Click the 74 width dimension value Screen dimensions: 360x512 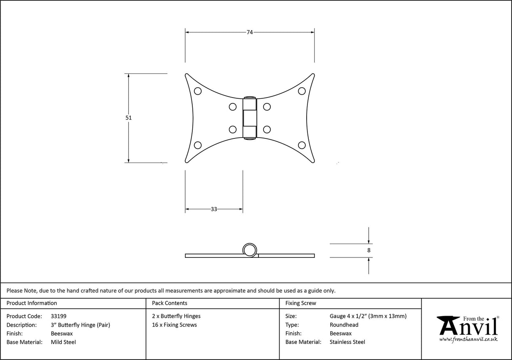(250, 32)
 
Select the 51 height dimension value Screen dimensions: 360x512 (129, 118)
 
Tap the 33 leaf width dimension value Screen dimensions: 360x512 (214, 209)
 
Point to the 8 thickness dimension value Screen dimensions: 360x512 (369, 250)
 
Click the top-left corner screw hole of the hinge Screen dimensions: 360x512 (197, 91)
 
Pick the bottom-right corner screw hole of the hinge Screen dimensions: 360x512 (302, 145)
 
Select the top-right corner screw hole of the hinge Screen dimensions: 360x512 (302, 91)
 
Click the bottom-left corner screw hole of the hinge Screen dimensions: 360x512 (197, 145)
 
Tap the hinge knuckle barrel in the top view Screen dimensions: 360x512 (249, 118)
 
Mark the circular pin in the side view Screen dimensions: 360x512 (249, 249)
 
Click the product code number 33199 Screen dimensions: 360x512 (58, 316)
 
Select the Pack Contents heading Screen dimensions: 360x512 (170, 303)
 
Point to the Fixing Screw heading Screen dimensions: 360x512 (301, 303)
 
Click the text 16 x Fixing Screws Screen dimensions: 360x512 (174, 325)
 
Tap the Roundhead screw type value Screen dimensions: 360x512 (344, 325)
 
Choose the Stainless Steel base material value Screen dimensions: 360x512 (347, 342)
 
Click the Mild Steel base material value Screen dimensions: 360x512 (63, 342)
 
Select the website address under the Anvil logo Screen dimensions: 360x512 (468, 339)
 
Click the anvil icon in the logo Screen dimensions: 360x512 (448, 325)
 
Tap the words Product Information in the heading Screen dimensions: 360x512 (32, 303)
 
